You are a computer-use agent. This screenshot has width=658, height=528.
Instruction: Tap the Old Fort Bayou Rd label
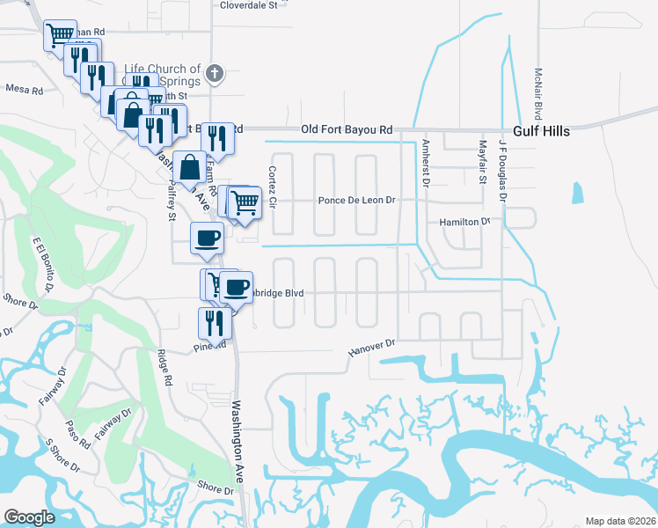(x=347, y=129)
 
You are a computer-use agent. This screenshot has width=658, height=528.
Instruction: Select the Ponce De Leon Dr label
(x=357, y=201)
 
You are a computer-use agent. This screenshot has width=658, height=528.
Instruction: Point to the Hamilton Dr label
(x=464, y=223)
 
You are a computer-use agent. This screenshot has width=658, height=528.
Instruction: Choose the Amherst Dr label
(x=425, y=162)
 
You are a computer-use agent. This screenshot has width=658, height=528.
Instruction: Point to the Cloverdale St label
(x=248, y=4)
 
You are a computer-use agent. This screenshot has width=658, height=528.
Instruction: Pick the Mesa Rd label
(x=24, y=88)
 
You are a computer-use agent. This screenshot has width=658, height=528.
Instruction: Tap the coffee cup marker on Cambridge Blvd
(x=236, y=286)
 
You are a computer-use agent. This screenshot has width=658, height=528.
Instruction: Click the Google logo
(x=29, y=517)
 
